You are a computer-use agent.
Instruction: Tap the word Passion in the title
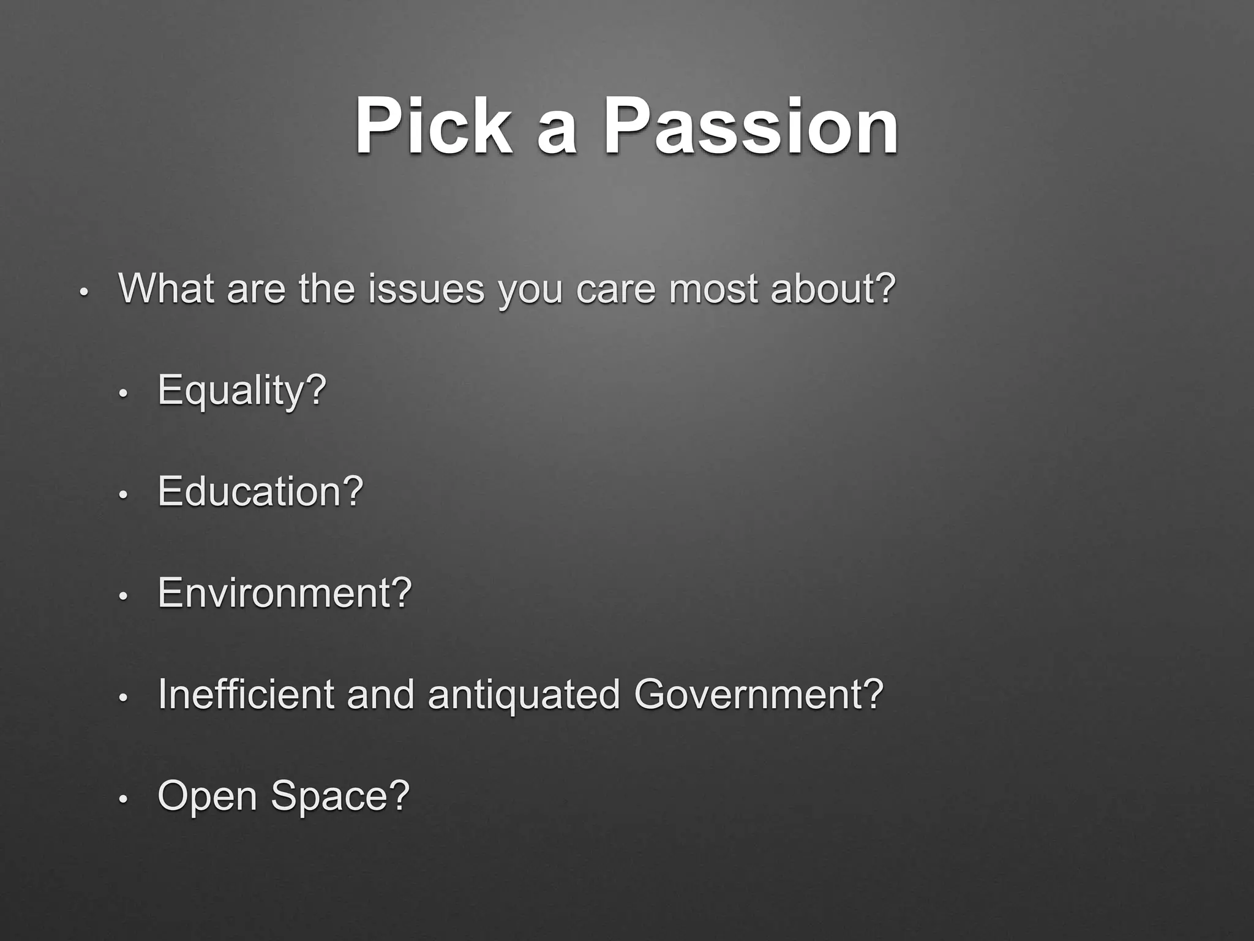point(751,127)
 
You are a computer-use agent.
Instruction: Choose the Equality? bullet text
point(242,390)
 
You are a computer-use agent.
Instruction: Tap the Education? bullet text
point(260,491)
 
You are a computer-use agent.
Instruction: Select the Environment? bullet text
point(285,593)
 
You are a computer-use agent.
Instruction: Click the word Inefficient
point(246,694)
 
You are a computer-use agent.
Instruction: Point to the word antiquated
point(524,695)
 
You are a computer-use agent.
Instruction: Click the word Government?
point(759,694)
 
